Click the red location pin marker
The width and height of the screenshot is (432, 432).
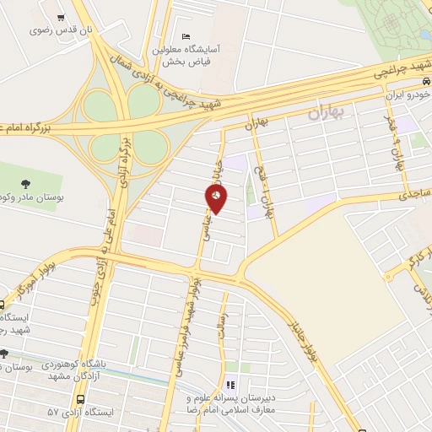[215, 198]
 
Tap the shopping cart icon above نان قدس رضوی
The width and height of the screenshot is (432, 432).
[62, 18]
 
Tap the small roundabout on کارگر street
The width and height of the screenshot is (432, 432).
[393, 272]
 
